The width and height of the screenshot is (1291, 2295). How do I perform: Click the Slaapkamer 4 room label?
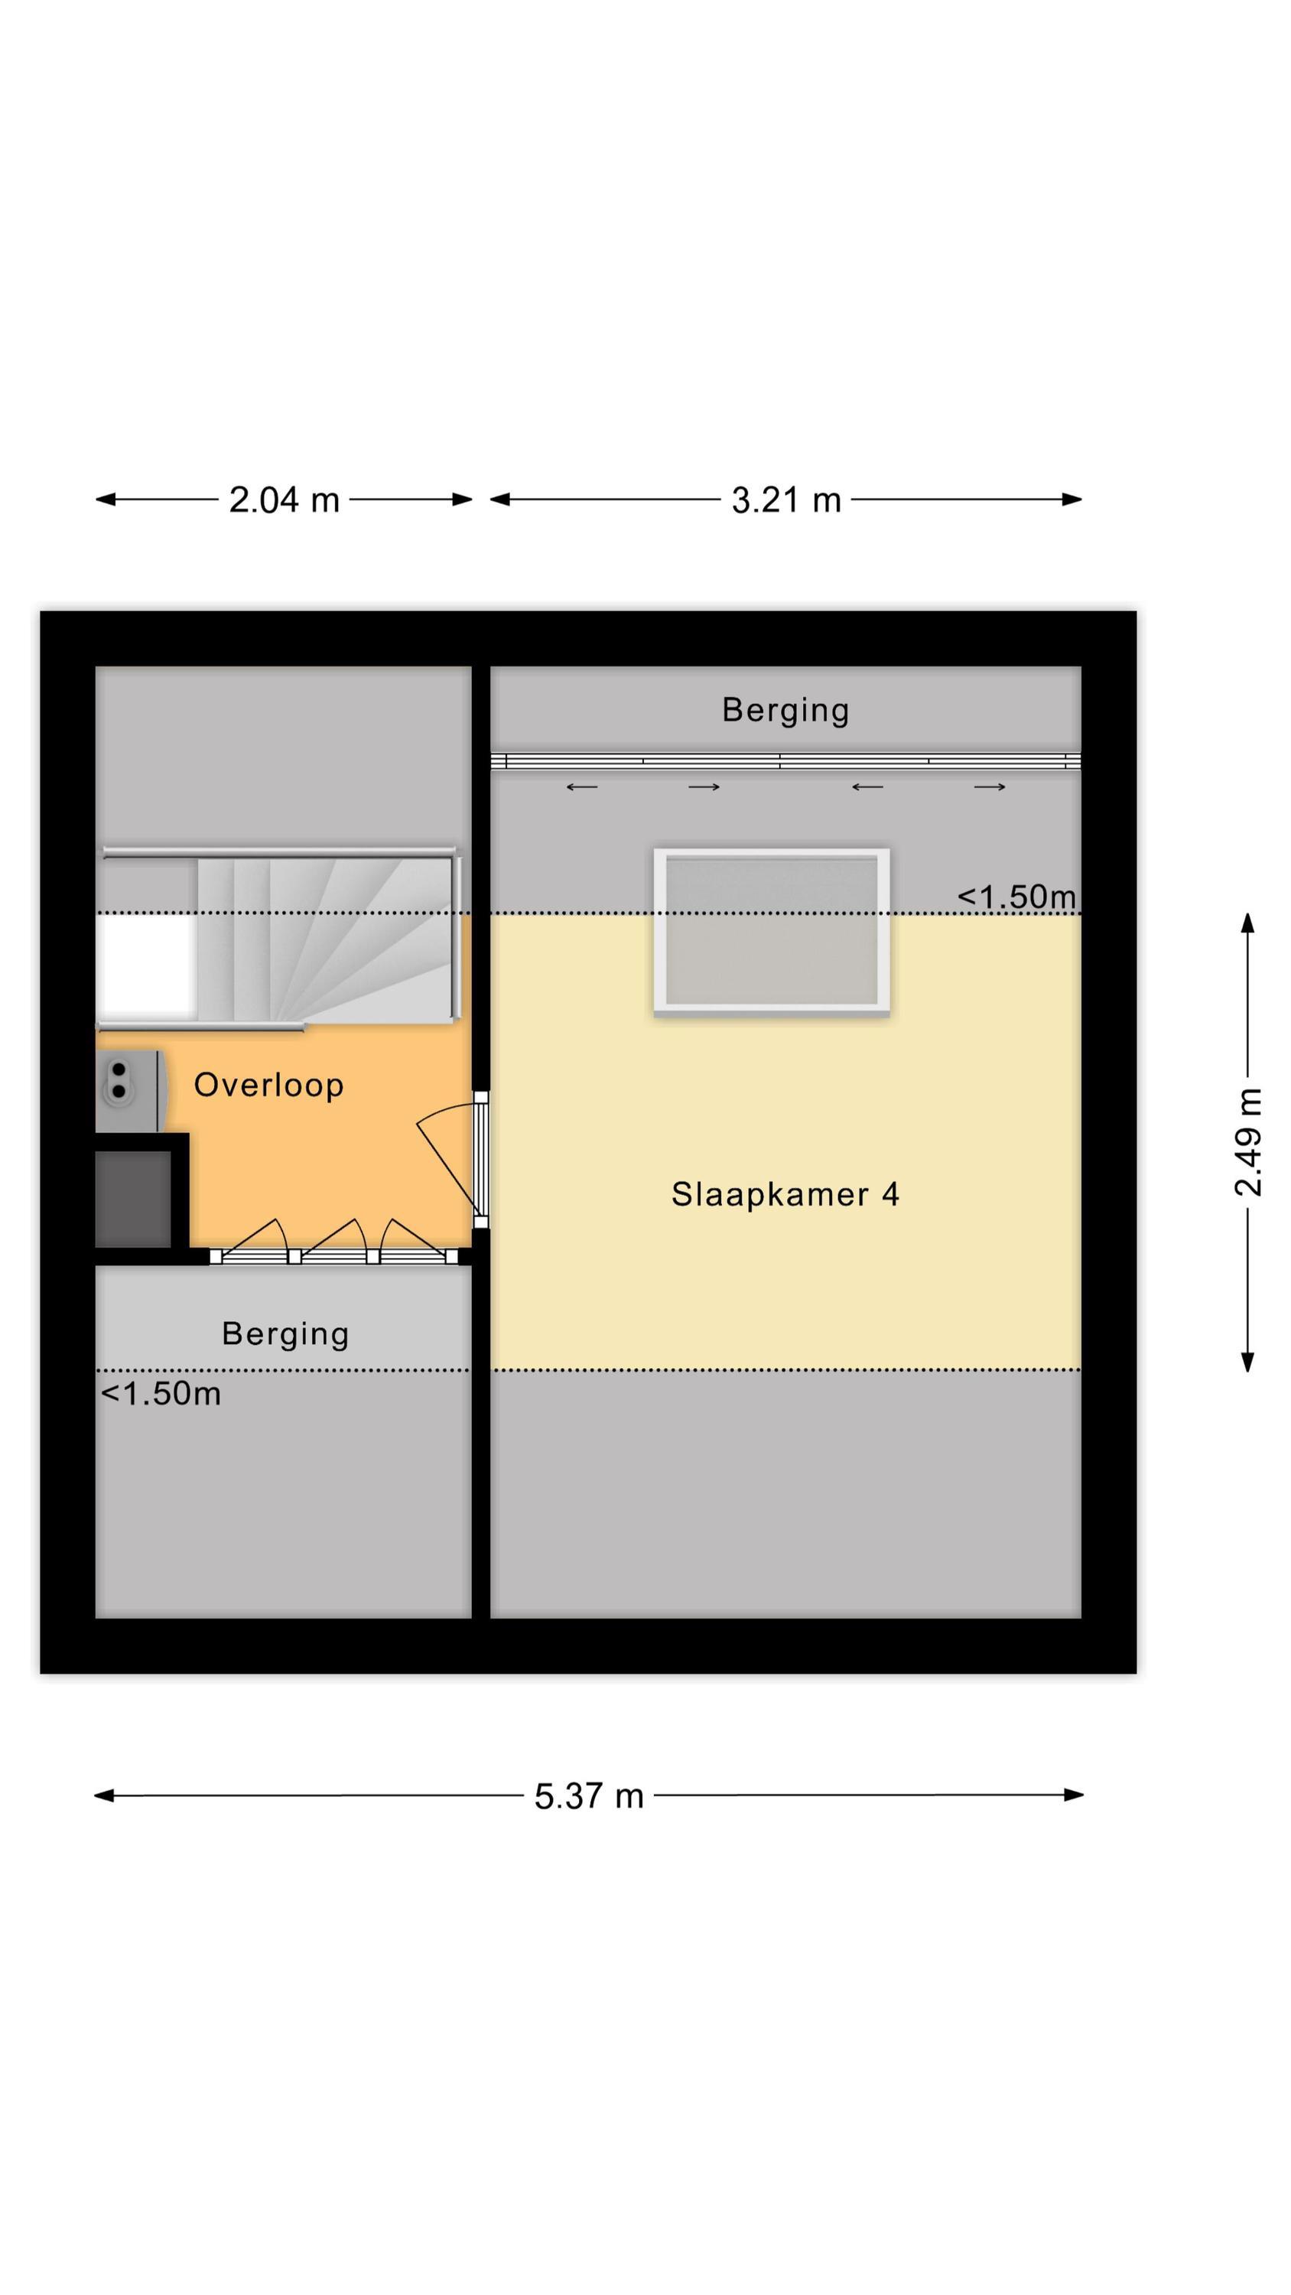(784, 1195)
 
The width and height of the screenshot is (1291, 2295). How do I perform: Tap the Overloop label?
(268, 1085)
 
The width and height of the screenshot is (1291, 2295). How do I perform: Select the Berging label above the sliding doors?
(784, 710)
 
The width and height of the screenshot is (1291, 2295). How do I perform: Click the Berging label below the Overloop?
(285, 1333)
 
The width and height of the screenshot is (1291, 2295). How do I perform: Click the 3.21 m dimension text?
(785, 500)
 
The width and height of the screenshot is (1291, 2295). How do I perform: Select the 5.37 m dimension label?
(588, 1795)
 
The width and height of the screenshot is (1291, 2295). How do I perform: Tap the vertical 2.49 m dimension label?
(1247, 1142)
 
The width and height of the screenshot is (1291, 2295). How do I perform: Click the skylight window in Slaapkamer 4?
(771, 931)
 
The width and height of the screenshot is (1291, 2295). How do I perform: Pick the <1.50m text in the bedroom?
(1016, 897)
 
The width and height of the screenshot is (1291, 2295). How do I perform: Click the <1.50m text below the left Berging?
(161, 1393)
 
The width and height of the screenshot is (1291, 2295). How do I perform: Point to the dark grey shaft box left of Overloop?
(134, 1198)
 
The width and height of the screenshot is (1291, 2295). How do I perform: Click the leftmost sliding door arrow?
(582, 786)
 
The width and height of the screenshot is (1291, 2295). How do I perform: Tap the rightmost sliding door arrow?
(989, 786)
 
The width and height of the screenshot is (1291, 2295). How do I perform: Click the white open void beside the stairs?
(147, 967)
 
